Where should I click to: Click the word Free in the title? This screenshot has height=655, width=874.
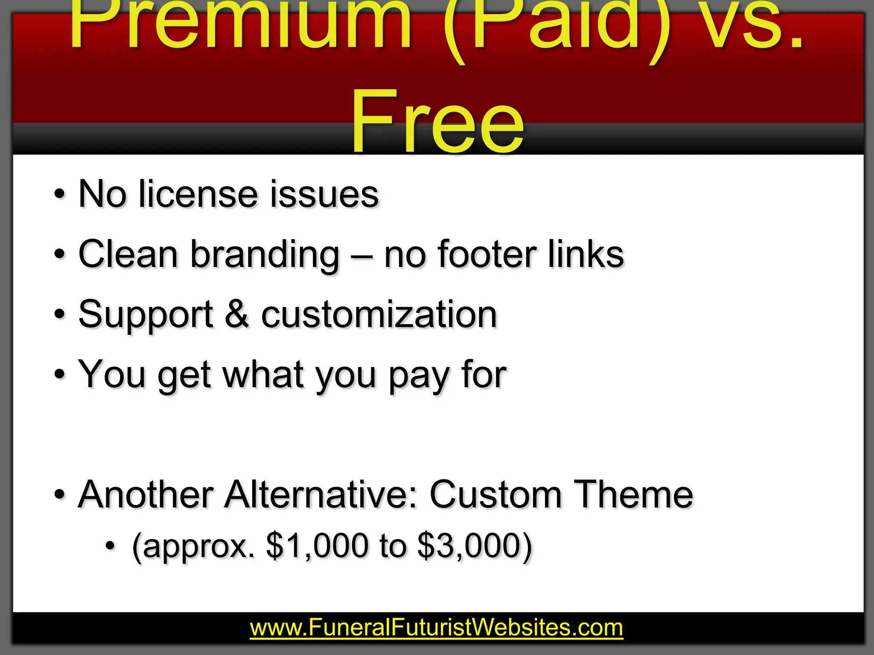click(x=437, y=122)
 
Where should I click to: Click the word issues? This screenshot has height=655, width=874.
click(x=324, y=194)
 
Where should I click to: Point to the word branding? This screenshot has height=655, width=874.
click(x=265, y=255)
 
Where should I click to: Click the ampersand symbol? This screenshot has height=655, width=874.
click(x=237, y=315)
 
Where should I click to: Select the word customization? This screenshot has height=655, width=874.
click(x=379, y=315)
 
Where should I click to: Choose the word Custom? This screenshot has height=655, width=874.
click(x=495, y=495)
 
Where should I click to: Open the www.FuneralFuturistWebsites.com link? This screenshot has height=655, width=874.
click(x=436, y=628)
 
